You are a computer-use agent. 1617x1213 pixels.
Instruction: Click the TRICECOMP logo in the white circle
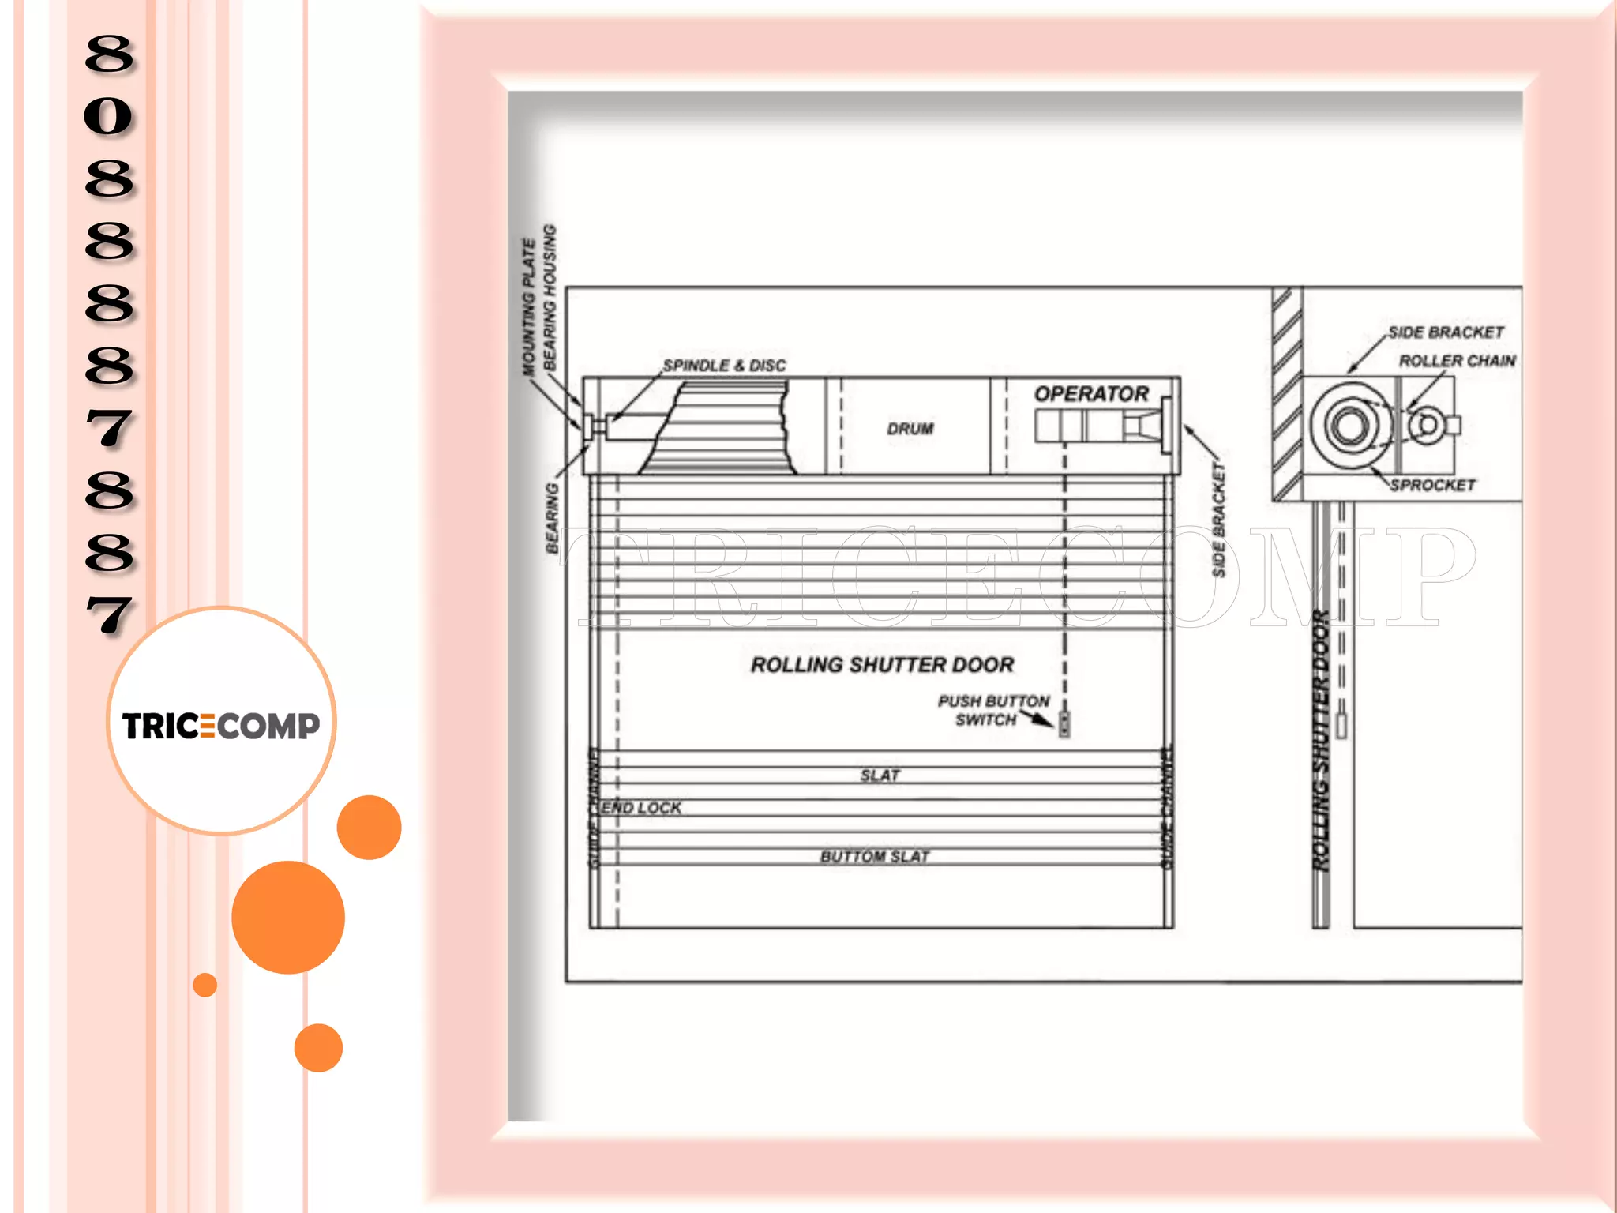221,725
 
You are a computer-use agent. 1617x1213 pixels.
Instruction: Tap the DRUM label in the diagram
910,429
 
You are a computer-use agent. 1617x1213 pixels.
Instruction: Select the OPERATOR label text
1091,393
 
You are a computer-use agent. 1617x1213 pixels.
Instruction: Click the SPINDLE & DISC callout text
724,366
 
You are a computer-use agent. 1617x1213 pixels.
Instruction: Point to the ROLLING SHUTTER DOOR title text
882,665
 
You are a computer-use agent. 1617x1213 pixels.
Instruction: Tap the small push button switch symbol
1064,723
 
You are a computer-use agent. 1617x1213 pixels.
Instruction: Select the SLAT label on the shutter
880,775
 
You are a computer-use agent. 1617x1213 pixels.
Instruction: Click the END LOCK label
641,808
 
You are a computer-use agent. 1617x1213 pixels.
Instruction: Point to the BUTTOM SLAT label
875,857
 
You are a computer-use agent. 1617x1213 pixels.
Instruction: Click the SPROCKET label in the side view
1432,485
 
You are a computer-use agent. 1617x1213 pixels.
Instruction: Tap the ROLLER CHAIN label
1457,361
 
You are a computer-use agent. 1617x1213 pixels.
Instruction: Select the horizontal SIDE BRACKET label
1446,332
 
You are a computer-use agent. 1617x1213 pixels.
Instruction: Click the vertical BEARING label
553,518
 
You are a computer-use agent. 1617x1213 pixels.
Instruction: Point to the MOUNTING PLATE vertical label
529,306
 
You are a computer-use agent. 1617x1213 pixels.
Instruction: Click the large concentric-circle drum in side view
1351,425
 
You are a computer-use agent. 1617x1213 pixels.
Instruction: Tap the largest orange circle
288,917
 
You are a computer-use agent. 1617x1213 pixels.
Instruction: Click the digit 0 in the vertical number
109,116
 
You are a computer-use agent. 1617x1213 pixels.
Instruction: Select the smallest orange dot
205,985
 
